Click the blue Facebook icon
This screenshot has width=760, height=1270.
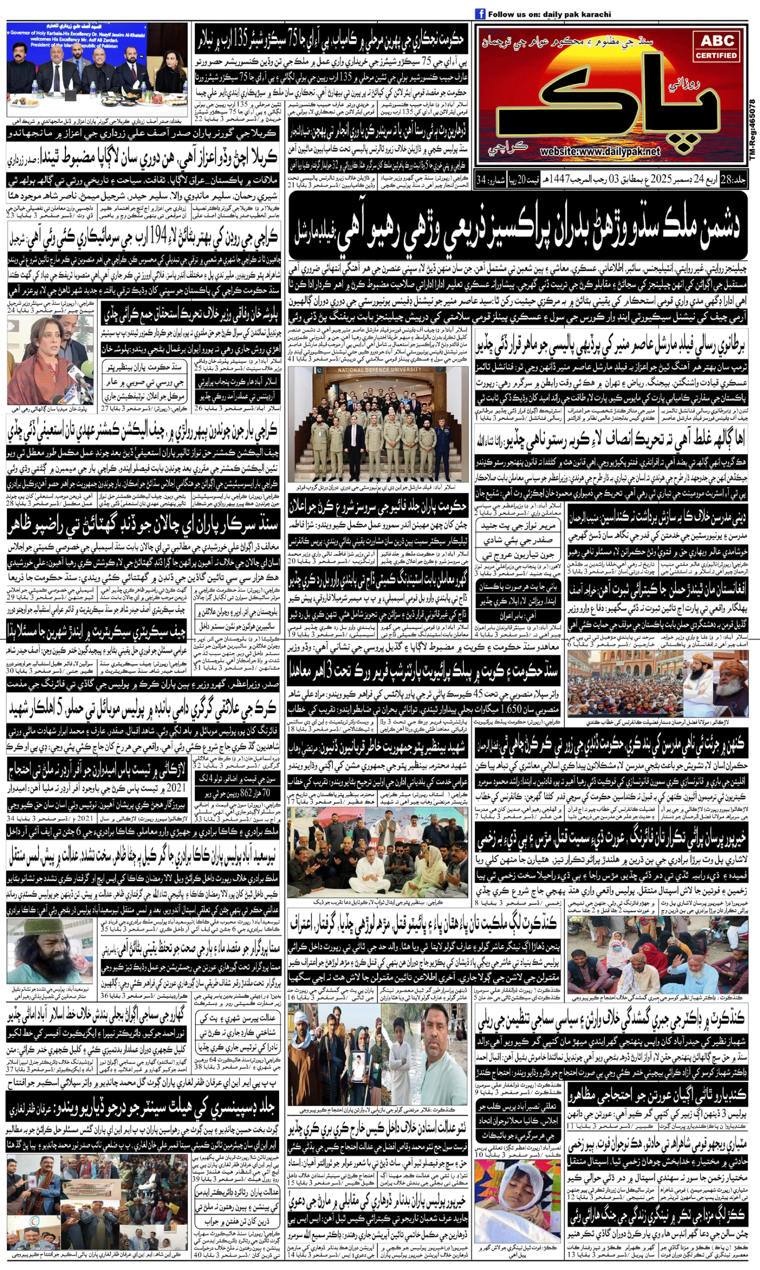480,14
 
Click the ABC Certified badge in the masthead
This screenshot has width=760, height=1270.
717,47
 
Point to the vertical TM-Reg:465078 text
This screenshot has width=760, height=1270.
752,131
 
